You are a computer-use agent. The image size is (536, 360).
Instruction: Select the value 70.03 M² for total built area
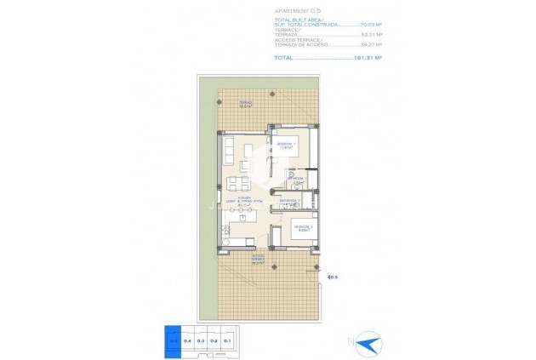368,26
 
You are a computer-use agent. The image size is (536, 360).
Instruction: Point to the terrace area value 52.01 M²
368,37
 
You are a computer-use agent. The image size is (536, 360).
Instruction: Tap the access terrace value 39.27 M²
368,47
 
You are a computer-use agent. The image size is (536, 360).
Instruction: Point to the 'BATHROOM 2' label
290,203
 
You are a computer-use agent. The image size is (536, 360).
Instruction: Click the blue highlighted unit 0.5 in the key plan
174,340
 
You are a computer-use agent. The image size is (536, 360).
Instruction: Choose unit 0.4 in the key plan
187,340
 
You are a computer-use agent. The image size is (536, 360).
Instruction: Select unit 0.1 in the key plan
227,340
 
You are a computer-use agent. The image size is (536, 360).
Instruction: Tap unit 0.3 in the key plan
201,340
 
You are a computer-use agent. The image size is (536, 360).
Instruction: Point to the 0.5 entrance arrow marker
332,276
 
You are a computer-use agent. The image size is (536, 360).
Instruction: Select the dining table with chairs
241,181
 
